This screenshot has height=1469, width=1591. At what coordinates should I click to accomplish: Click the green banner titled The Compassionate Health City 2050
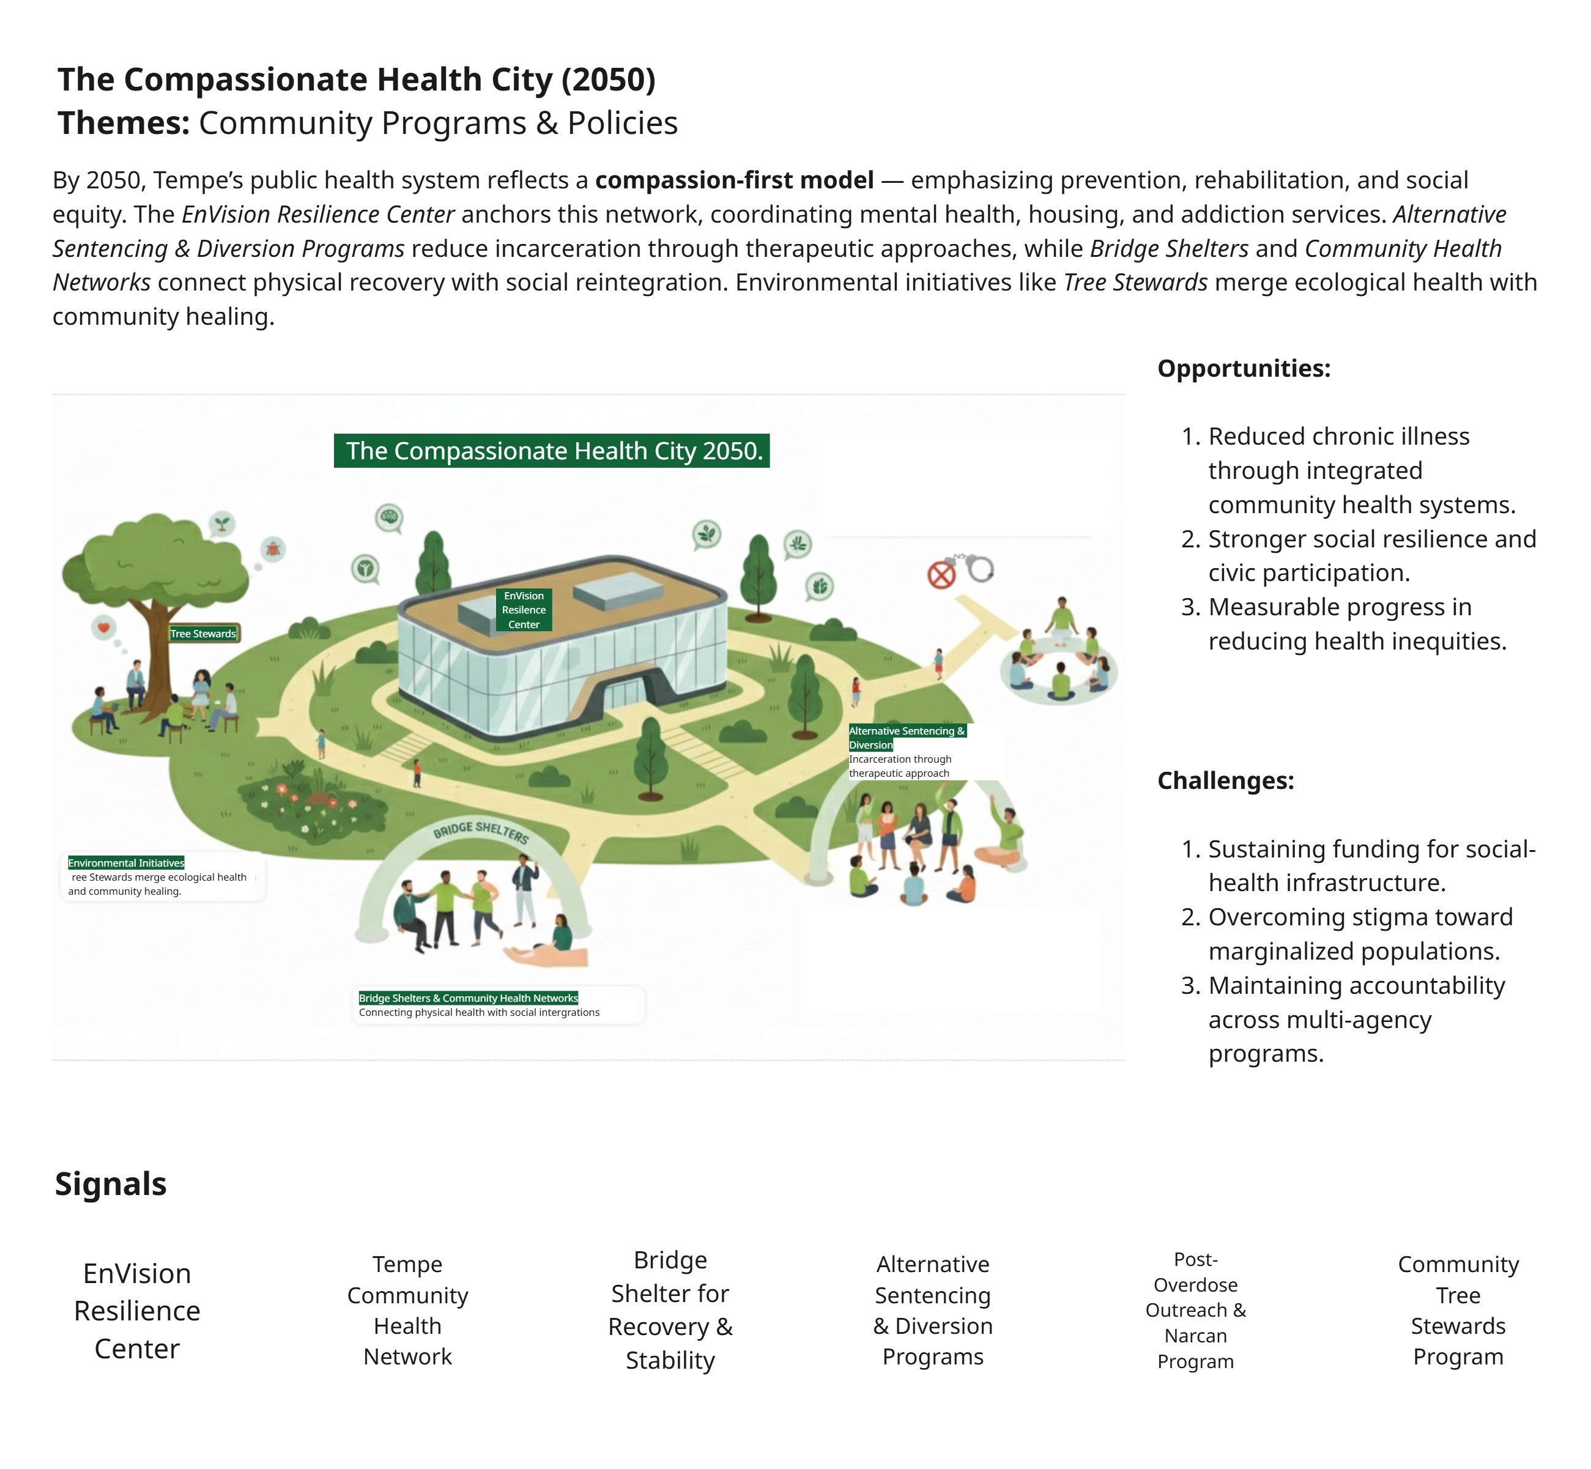(x=551, y=451)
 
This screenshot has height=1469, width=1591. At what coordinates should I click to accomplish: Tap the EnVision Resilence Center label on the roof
(x=524, y=610)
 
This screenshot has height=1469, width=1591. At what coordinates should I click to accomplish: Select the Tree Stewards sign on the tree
(x=204, y=634)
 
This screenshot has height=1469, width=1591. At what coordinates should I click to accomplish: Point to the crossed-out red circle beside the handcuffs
(x=941, y=575)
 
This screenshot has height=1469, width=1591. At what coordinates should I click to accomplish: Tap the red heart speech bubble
(x=103, y=628)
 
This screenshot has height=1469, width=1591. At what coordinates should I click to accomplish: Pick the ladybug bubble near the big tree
(x=273, y=549)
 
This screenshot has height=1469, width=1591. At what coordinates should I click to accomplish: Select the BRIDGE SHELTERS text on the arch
(x=480, y=832)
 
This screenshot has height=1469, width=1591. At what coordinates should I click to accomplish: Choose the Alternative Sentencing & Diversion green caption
(x=907, y=737)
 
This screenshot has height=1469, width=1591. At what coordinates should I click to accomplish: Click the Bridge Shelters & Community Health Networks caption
(x=469, y=997)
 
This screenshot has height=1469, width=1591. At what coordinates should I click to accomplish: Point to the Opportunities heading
(x=1244, y=368)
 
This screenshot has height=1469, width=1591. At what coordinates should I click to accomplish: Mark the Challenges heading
(x=1225, y=780)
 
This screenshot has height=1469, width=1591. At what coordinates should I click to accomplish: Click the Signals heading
(x=111, y=1183)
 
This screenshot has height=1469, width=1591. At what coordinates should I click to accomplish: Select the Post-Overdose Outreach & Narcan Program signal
(x=1195, y=1309)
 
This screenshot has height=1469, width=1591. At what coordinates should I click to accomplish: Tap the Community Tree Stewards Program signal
(x=1458, y=1309)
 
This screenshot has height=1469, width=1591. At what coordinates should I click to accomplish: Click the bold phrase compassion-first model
(x=734, y=180)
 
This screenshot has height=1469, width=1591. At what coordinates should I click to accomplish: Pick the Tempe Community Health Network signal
(x=407, y=1309)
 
